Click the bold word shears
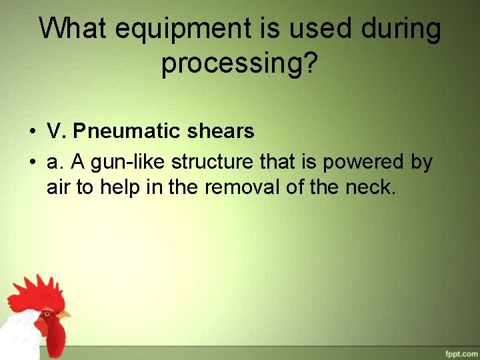(221, 131)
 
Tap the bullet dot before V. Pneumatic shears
(32, 132)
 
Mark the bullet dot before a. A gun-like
(32, 163)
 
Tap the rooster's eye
(47, 311)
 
